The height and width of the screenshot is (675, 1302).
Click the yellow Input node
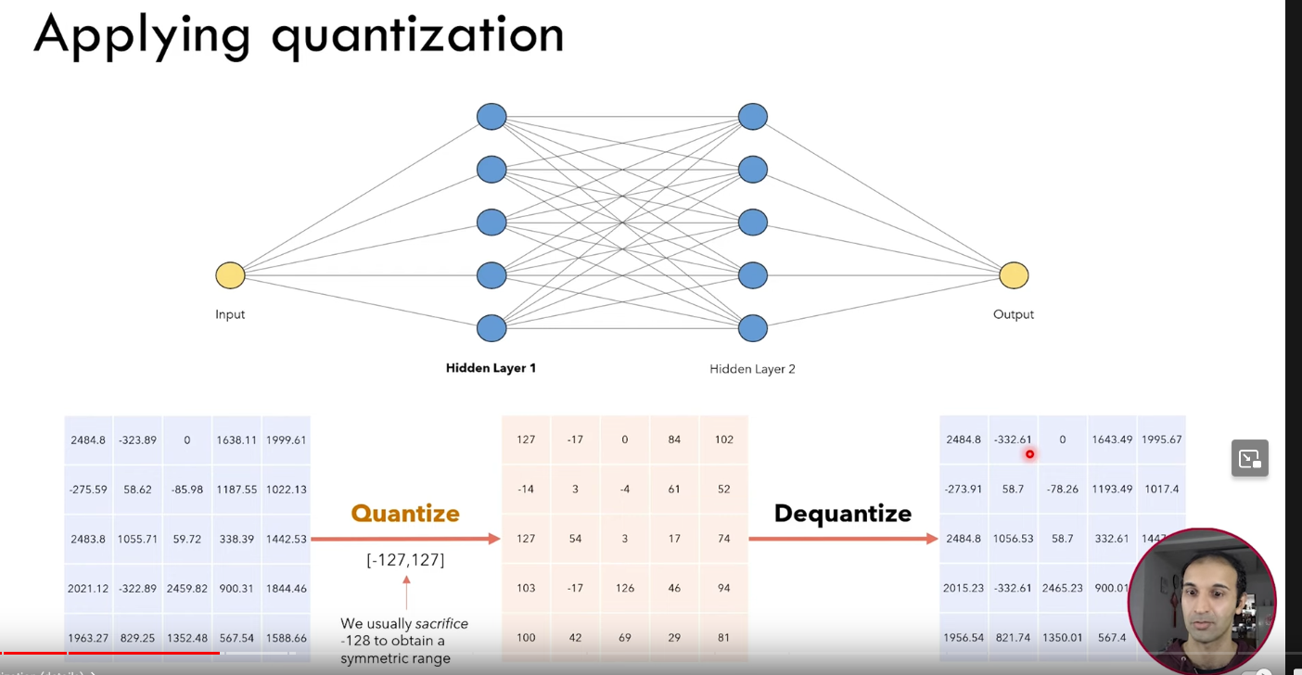[x=230, y=275]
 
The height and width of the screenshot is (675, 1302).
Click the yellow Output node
[x=1014, y=275]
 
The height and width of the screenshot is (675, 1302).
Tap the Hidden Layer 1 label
[x=491, y=368]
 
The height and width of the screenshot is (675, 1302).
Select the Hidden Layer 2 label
[x=752, y=369]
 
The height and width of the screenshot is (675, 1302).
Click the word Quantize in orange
[x=405, y=514]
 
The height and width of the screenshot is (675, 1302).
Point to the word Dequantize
[x=842, y=514]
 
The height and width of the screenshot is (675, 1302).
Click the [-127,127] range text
[x=405, y=559]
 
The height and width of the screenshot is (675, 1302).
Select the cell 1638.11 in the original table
[x=236, y=439]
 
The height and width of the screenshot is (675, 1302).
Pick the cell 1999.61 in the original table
[x=286, y=439]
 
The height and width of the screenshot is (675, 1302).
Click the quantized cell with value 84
[x=674, y=439]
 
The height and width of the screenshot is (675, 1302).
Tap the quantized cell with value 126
[x=624, y=588]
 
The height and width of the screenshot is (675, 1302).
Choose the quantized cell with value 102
[x=723, y=439]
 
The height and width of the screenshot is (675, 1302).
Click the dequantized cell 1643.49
[x=1111, y=439]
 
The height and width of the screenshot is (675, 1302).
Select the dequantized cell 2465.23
[x=1062, y=588]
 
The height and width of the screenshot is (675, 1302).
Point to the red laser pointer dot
[x=1029, y=454]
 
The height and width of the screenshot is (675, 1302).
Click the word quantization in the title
[x=417, y=35]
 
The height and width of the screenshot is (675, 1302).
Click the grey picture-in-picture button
[x=1249, y=458]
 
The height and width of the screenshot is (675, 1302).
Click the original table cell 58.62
[x=137, y=489]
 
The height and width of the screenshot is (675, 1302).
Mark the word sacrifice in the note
[x=441, y=623]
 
